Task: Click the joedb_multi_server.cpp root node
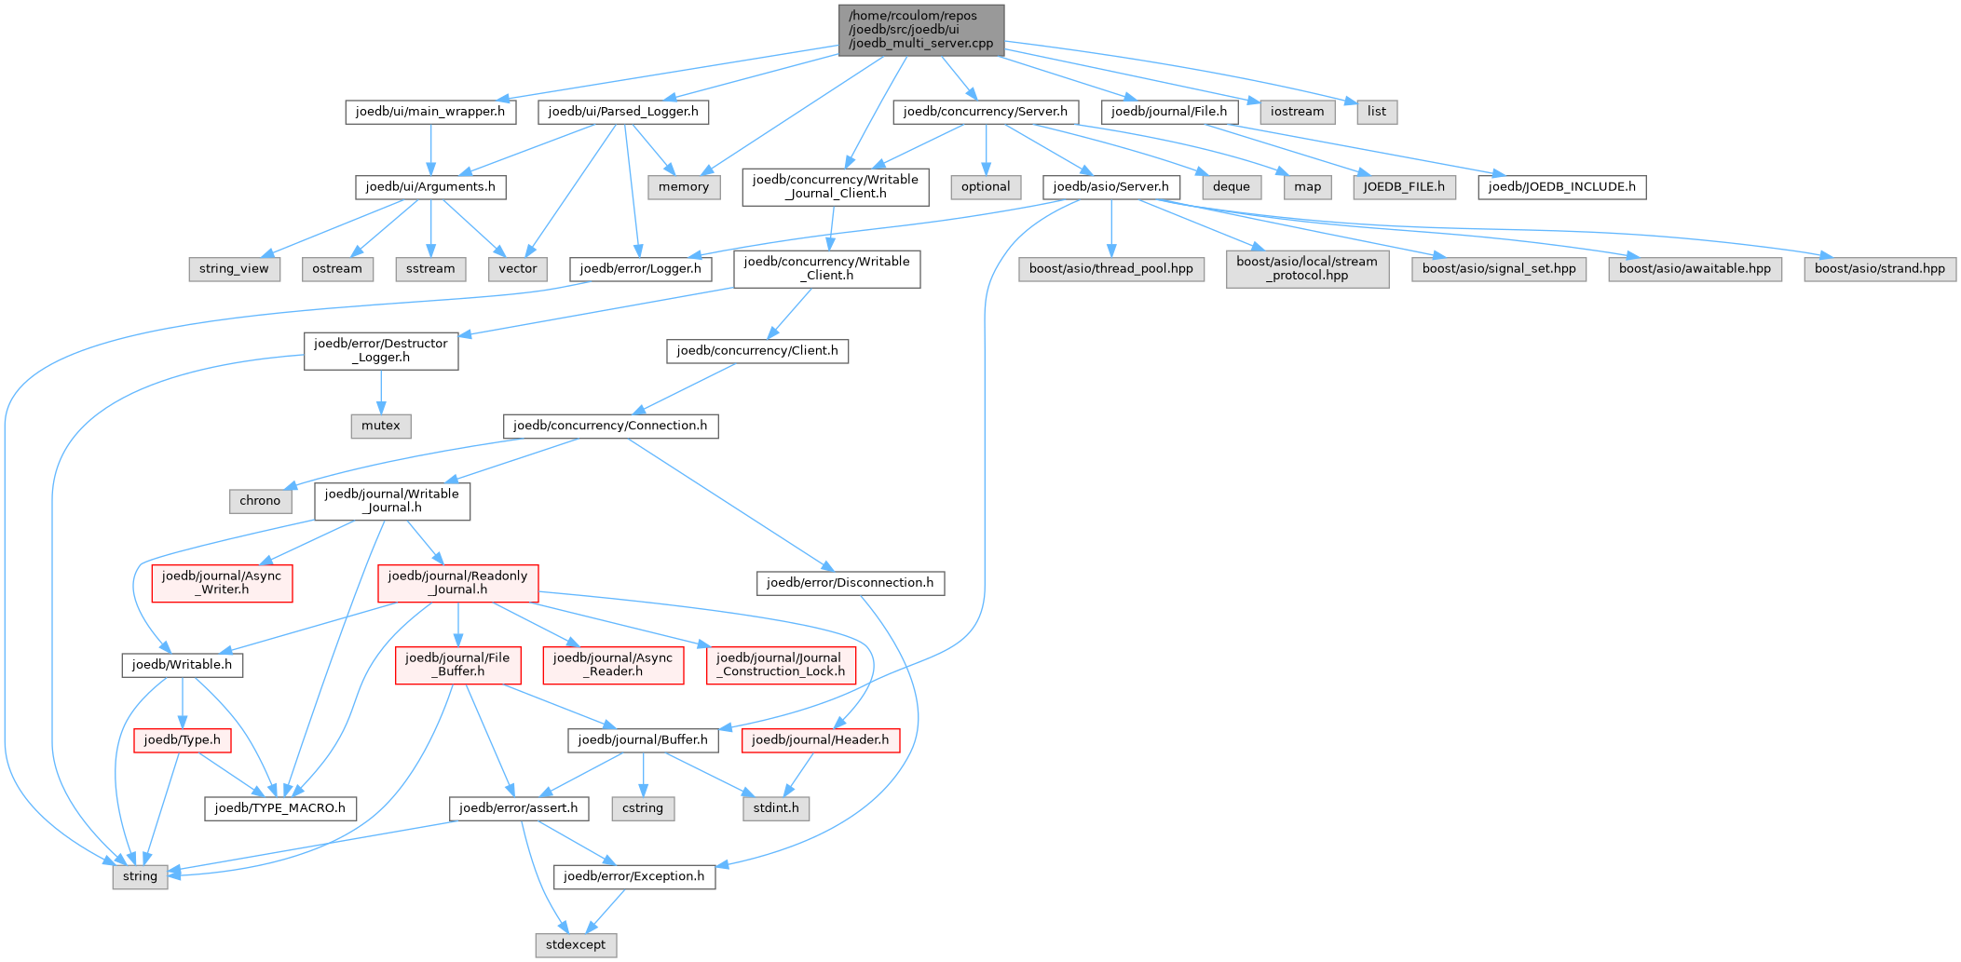(x=921, y=30)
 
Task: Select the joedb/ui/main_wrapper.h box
(x=430, y=112)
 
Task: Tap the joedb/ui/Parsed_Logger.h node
(x=623, y=112)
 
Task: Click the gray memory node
(x=684, y=187)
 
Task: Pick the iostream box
(x=1297, y=112)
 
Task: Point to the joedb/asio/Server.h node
(x=1110, y=187)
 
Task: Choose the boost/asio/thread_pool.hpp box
(x=1110, y=269)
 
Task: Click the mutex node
(x=381, y=426)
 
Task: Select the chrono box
(x=260, y=501)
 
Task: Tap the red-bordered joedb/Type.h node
(x=183, y=740)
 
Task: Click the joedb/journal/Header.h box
(x=821, y=740)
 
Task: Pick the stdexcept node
(x=576, y=944)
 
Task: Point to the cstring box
(x=643, y=808)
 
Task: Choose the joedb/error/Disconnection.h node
(x=850, y=583)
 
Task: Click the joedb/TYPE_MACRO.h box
(x=280, y=808)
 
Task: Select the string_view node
(x=234, y=269)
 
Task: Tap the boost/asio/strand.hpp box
(x=1880, y=269)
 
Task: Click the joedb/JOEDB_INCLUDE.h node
(x=1562, y=187)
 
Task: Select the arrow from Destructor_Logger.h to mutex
(x=381, y=391)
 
